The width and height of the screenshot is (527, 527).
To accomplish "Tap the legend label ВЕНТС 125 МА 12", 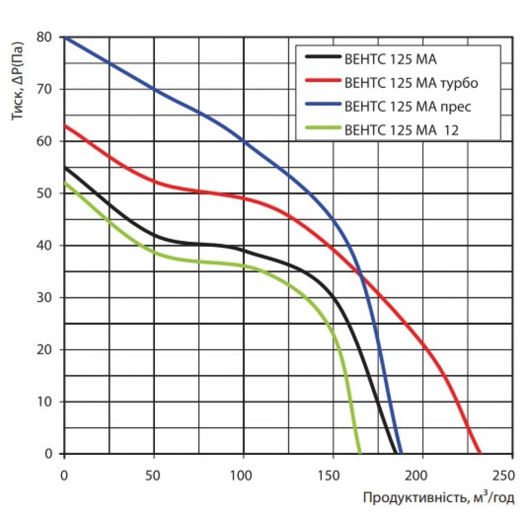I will pos(401,130).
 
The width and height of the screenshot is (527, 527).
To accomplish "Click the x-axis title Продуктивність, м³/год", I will pos(438,498).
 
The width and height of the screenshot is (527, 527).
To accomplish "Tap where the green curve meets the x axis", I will pos(360,453).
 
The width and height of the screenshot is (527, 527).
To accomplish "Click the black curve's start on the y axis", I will pos(64,167).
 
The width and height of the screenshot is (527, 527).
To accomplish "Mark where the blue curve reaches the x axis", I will pos(401,453).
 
